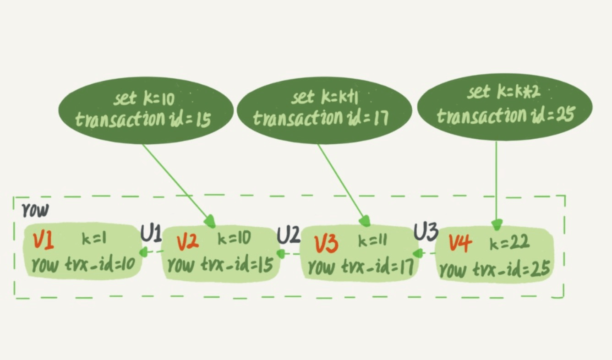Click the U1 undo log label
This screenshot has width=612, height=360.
151,234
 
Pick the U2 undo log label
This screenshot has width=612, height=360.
288,235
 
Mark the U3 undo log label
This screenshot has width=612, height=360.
426,233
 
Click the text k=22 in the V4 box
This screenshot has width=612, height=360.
509,243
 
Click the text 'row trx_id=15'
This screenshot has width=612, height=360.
220,264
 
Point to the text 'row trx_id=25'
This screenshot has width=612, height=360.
494,270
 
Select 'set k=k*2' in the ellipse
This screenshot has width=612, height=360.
503,93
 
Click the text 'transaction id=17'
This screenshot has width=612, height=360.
321,118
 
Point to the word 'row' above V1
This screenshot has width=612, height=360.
35,210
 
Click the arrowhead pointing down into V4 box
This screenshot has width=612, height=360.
497,224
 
